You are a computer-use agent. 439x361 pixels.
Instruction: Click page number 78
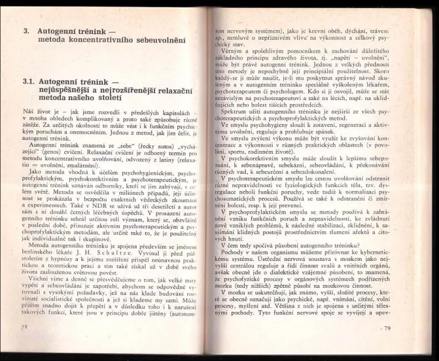coord(24,326)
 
